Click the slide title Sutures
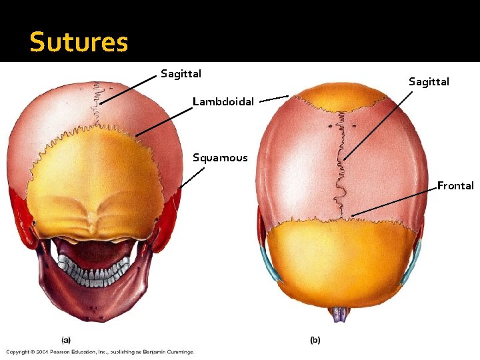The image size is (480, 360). coord(79,43)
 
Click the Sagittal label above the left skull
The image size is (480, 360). coord(181,73)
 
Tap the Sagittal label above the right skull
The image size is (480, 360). coord(429,82)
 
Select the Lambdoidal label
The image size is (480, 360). coord(223,102)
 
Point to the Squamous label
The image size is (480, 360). coord(220,158)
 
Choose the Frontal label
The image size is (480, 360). coord(455,186)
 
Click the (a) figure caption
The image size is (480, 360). coord(66,339)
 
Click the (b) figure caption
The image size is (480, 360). coord(315,340)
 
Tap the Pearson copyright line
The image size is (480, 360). coord(100,351)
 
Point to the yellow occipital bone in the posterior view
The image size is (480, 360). coord(100,173)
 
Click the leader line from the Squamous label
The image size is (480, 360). coord(192,177)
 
